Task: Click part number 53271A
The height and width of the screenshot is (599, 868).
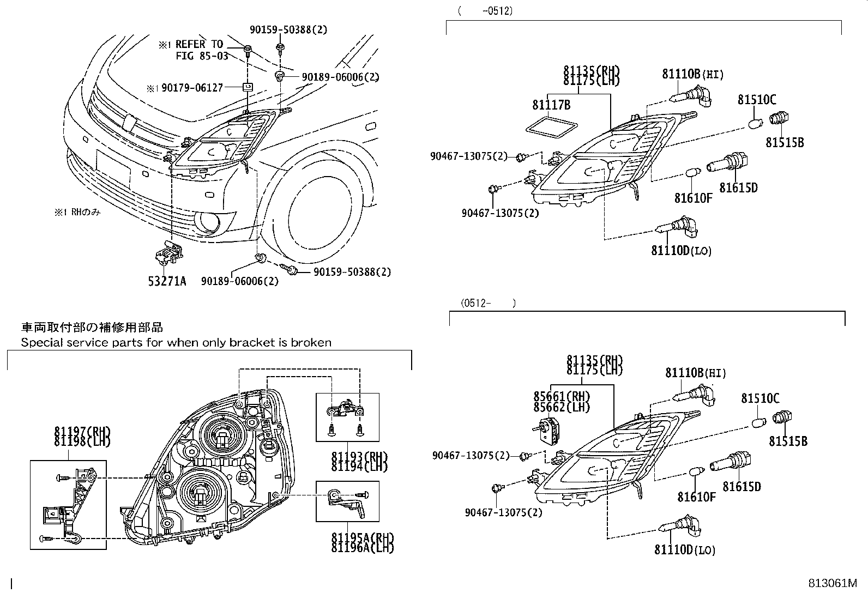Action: pos(167,281)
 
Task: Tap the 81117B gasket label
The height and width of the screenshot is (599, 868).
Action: pos(551,105)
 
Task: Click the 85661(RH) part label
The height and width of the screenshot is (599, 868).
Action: pos(562,396)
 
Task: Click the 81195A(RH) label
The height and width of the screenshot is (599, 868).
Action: pos(362,537)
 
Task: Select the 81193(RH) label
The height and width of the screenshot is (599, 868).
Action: pos(359,457)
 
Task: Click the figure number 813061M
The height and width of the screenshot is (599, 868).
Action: pos(833,584)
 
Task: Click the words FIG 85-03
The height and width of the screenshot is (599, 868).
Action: pos(202,56)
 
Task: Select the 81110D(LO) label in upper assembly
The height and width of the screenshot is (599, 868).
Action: pos(681,251)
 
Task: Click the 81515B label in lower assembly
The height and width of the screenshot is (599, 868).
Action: pos(788,441)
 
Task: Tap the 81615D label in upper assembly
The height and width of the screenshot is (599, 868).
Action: pos(738,187)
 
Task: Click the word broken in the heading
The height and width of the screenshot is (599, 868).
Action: pos(311,343)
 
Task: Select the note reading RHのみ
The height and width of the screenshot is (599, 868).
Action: pos(77,213)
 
